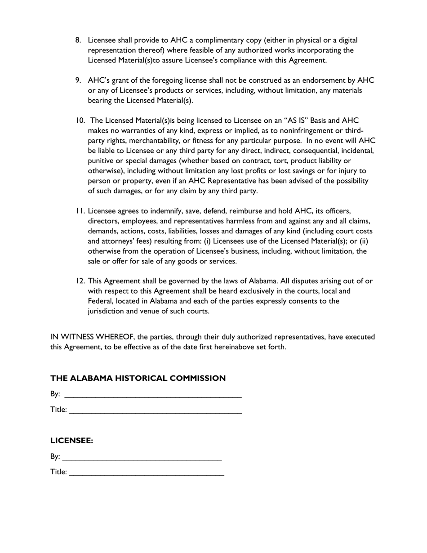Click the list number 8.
point(78,40)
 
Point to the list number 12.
point(80,281)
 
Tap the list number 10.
point(80,120)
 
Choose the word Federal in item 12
point(101,301)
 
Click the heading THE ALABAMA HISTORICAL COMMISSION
point(138,379)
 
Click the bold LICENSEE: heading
point(71,441)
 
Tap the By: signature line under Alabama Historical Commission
point(153,395)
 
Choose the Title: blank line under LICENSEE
point(147,473)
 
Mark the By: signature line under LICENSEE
point(142,457)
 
